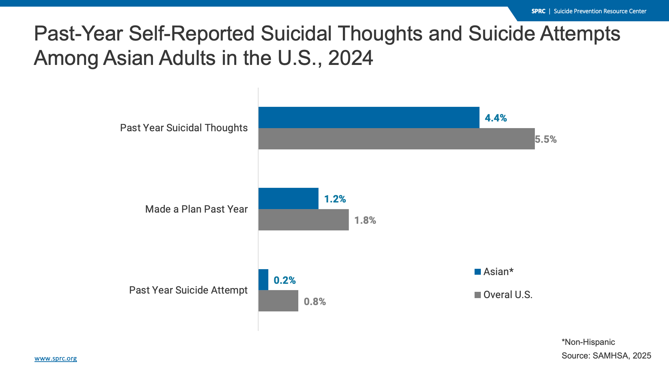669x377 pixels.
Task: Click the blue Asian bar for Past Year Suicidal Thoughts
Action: pyautogui.click(x=369, y=117)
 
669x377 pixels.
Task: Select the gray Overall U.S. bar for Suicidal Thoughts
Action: pyautogui.click(x=397, y=139)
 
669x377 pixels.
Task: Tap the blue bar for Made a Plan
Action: pyautogui.click(x=288, y=199)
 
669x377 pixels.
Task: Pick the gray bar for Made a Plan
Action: pyautogui.click(x=303, y=220)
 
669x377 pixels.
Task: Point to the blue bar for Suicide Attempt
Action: pyautogui.click(x=263, y=280)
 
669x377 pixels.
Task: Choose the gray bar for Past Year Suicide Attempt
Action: pyautogui.click(x=278, y=301)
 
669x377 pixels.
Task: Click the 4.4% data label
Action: pyautogui.click(x=495, y=118)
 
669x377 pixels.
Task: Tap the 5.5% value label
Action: pyautogui.click(x=546, y=139)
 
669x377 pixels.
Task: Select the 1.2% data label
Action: pyautogui.click(x=335, y=199)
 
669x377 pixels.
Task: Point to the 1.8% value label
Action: pyautogui.click(x=365, y=220)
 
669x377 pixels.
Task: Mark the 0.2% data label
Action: pyautogui.click(x=284, y=280)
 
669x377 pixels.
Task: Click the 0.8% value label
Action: pyautogui.click(x=315, y=302)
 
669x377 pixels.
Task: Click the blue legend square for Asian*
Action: pyautogui.click(x=477, y=272)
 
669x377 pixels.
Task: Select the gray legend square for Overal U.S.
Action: pyautogui.click(x=477, y=295)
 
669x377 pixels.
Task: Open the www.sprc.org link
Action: pyautogui.click(x=56, y=358)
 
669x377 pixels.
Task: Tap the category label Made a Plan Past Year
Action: pyautogui.click(x=196, y=209)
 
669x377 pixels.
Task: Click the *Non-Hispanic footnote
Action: pyautogui.click(x=588, y=342)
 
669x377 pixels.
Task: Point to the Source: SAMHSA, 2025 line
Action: pyautogui.click(x=606, y=356)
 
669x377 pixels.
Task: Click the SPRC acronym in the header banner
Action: pyautogui.click(x=538, y=11)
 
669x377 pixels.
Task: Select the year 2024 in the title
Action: pyautogui.click(x=350, y=58)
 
